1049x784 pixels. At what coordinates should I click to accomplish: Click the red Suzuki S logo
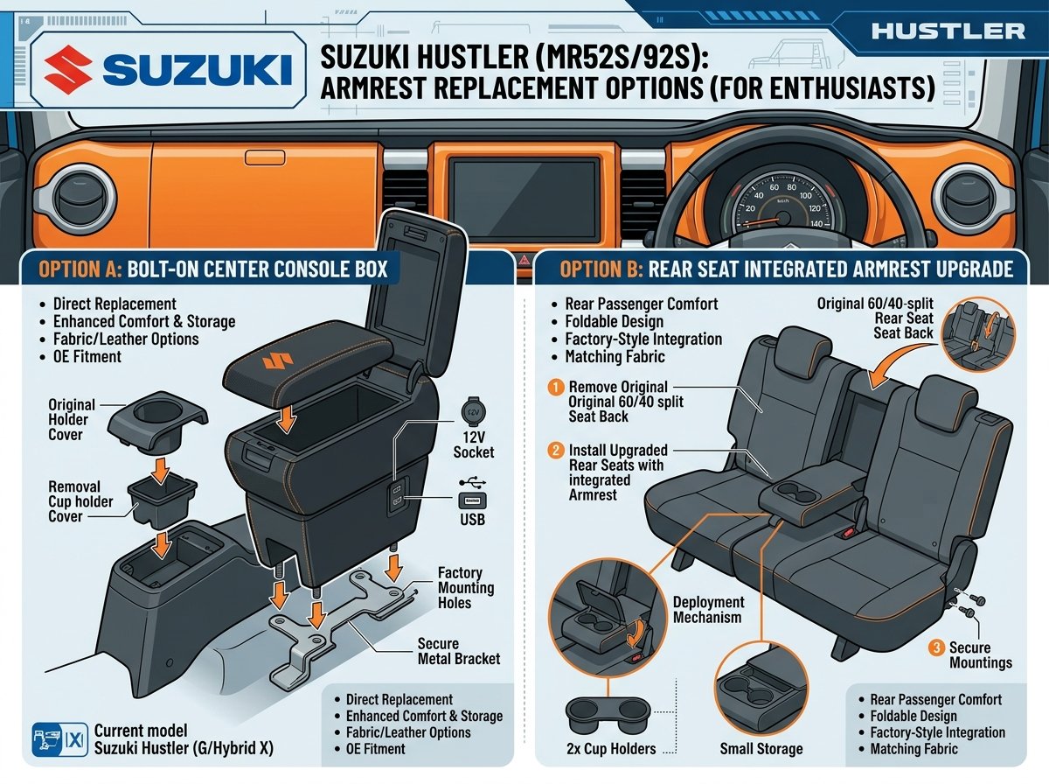(x=68, y=70)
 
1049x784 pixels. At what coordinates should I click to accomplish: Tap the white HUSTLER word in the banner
(x=948, y=31)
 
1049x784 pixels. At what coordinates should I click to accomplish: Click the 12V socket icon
(x=473, y=410)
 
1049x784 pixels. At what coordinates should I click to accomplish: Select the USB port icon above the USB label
(x=473, y=500)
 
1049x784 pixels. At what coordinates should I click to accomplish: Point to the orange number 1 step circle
(x=555, y=387)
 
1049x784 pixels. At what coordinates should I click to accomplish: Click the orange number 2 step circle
(x=555, y=451)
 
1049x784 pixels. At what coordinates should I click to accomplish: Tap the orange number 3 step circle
(x=935, y=648)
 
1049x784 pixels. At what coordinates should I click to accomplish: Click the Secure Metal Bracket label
(x=459, y=651)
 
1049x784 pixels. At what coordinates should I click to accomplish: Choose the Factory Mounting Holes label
(x=466, y=587)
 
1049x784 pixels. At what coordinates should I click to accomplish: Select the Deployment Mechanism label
(x=708, y=609)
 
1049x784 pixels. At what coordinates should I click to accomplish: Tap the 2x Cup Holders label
(x=611, y=749)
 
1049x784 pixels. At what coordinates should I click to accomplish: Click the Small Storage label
(x=761, y=749)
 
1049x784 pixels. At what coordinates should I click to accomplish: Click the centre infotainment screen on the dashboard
(x=524, y=200)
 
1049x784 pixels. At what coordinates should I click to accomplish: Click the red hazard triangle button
(x=524, y=261)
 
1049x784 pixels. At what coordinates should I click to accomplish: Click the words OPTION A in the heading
(x=80, y=269)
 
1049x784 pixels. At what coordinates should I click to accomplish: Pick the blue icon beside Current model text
(x=59, y=740)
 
